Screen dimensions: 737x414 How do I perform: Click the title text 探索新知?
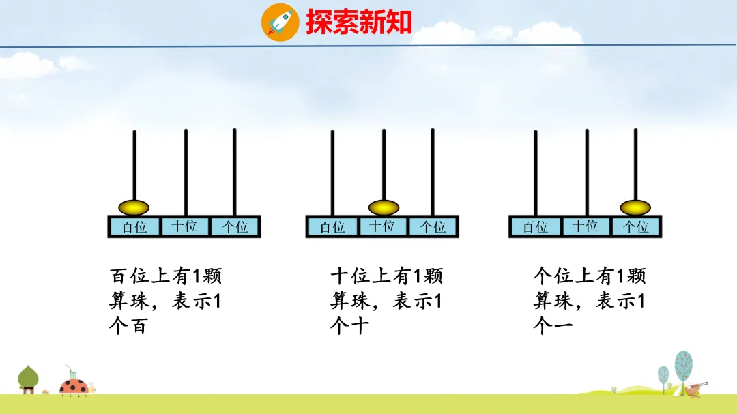pos(359,22)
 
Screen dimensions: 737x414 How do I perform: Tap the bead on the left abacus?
pos(134,207)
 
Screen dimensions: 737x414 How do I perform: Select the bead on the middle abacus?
pos(384,207)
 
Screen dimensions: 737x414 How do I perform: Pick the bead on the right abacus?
pos(635,207)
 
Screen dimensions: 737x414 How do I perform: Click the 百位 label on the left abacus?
pos(134,227)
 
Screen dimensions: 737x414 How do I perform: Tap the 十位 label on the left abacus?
pos(184,226)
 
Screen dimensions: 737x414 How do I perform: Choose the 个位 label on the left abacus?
pos(235,227)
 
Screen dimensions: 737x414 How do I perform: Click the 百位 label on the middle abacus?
pos(332,227)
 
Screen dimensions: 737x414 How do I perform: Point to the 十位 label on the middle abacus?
pos(383,226)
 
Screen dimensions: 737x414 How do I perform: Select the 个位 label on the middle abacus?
pos(433,227)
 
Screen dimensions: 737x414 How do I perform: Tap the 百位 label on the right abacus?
pos(536,227)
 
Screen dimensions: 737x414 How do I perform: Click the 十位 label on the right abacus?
pos(586,226)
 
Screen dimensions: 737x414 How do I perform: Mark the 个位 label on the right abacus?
pos(636,227)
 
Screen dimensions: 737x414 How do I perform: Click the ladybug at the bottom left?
pos(73,387)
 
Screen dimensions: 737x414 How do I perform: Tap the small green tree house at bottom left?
pos(28,379)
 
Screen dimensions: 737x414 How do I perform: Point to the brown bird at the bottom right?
pos(693,389)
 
